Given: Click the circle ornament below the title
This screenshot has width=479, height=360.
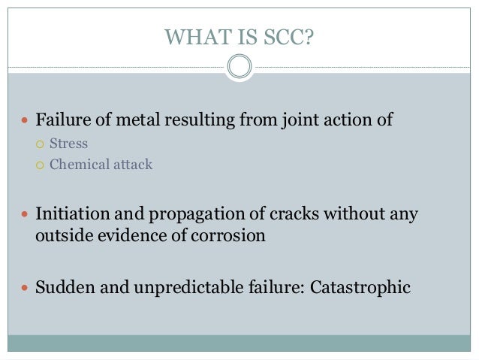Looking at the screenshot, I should click(239, 68).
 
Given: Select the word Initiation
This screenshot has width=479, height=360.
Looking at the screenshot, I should click(70, 214).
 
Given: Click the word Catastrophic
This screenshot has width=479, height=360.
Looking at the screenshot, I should click(363, 287).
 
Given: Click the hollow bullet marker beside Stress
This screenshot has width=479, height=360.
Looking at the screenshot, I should click(41, 143).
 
